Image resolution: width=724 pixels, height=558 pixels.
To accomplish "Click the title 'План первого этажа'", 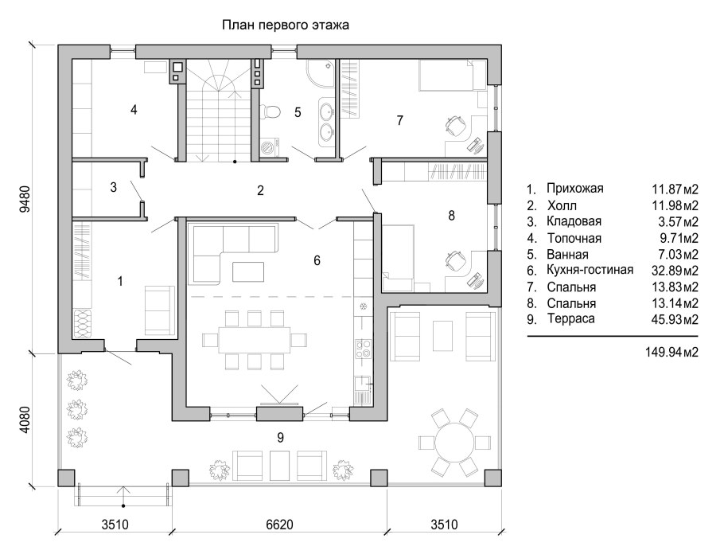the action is tap(286, 25).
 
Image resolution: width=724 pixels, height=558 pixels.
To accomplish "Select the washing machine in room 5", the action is tap(267, 147).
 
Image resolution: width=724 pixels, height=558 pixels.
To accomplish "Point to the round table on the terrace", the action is tap(455, 443).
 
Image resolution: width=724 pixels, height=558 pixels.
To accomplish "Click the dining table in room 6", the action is tap(255, 340).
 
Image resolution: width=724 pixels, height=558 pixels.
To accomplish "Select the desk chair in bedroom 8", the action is tap(454, 260).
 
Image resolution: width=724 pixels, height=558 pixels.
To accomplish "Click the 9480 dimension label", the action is tap(25, 199).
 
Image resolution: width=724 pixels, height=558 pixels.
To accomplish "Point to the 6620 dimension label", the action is tap(279, 525).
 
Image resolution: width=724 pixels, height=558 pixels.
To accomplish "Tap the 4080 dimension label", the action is tap(25, 419).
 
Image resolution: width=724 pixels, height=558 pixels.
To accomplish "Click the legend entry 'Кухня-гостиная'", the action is tap(590, 270).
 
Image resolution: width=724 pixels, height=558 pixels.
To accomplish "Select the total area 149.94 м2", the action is tap(671, 352).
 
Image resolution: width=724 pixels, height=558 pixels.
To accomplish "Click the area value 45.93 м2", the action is tap(675, 319).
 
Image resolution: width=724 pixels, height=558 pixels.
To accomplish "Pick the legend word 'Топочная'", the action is tap(574, 238).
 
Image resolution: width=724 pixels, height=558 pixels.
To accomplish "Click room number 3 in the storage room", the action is tap(114, 188).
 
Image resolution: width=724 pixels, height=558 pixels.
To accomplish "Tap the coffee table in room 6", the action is tap(248, 271).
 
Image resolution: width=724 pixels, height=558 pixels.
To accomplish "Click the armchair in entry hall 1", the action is tap(160, 310).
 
